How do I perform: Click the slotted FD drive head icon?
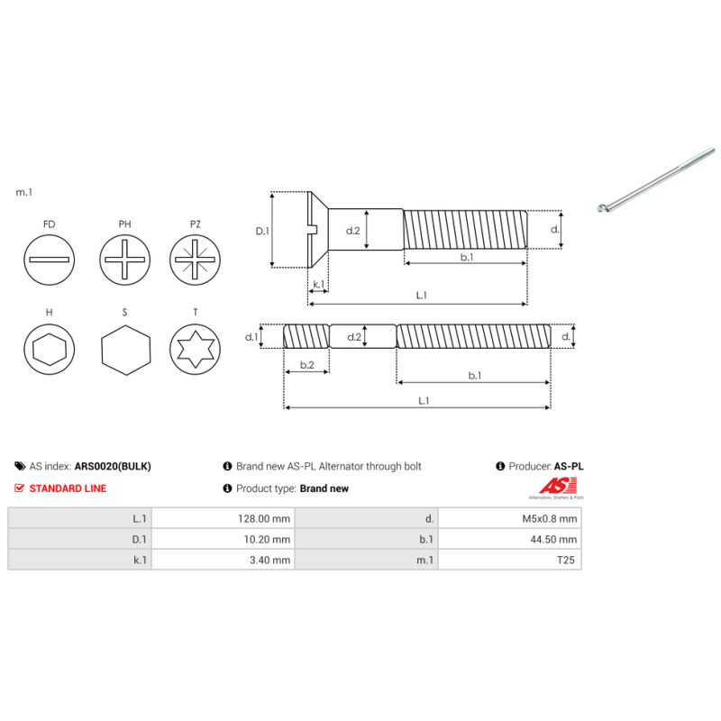(x=49, y=260)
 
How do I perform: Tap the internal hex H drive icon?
(x=49, y=350)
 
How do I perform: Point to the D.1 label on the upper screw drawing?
(x=262, y=231)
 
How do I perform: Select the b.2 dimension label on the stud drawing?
(x=306, y=365)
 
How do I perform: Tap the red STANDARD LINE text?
(x=68, y=488)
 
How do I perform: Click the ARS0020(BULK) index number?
(x=113, y=467)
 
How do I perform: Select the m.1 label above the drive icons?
(x=24, y=192)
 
